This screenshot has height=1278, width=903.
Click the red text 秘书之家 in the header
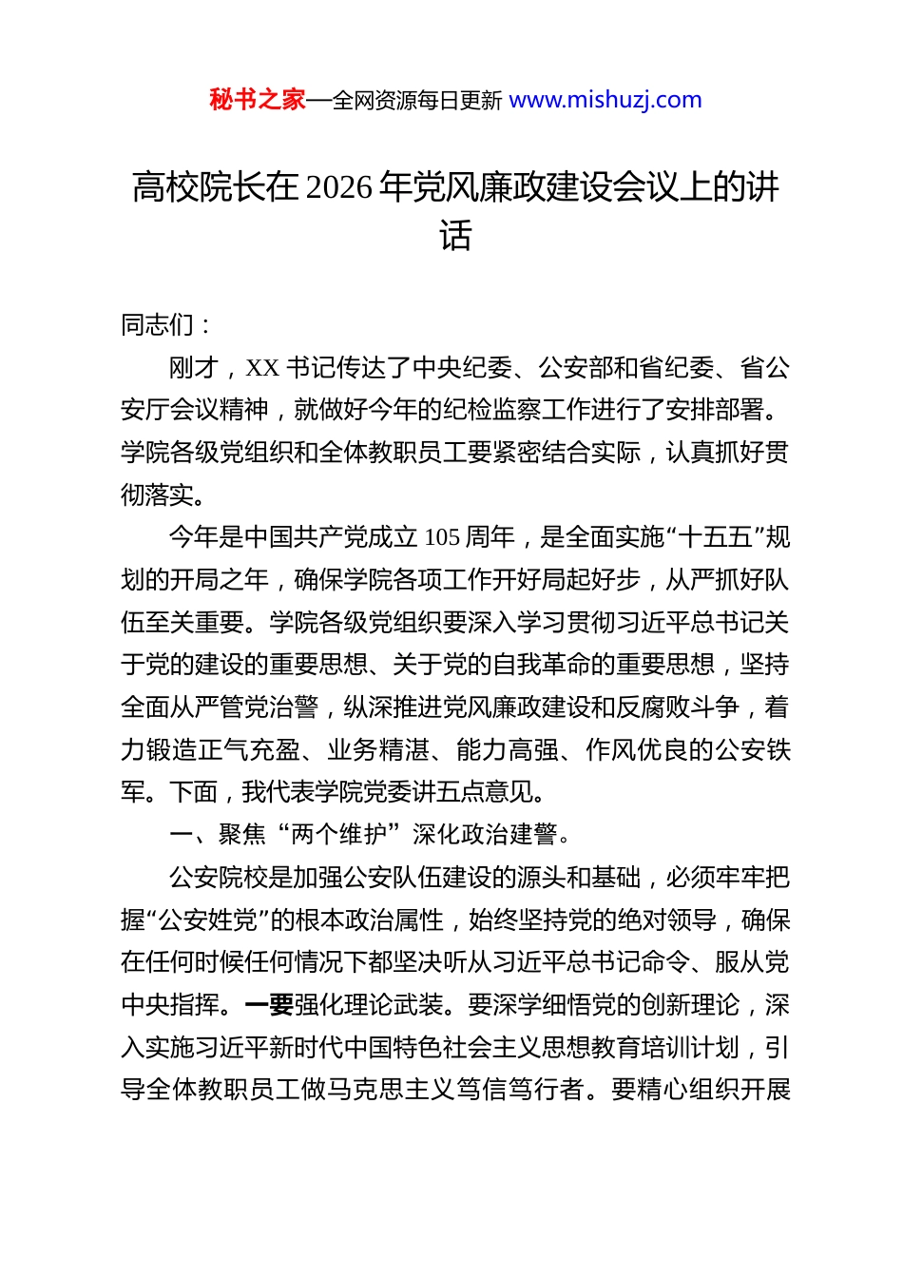pyautogui.click(x=257, y=100)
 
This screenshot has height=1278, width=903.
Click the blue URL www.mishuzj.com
pyautogui.click(x=605, y=100)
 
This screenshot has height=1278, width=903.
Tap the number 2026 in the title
pyautogui.click(x=340, y=187)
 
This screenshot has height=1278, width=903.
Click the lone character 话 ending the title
pyautogui.click(x=455, y=236)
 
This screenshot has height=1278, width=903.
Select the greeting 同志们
pyautogui.click(x=158, y=325)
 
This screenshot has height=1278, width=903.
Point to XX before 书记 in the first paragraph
pyautogui.click(x=262, y=368)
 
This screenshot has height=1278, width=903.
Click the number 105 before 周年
pyautogui.click(x=442, y=538)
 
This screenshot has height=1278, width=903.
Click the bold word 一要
pyautogui.click(x=269, y=1005)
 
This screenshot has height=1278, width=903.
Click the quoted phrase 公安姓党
pyautogui.click(x=208, y=920)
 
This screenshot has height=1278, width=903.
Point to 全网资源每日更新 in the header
pyautogui.click(x=417, y=101)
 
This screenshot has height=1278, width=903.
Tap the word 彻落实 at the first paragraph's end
pyautogui.click(x=158, y=495)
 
